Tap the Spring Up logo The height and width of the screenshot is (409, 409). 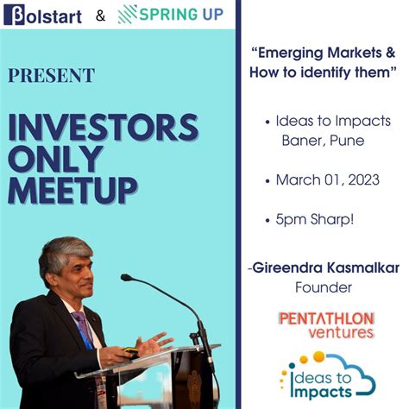[172, 15]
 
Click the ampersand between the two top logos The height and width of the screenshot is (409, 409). [101, 16]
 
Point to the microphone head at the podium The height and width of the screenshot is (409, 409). [127, 278]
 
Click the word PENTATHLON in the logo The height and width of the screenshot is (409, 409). [325, 318]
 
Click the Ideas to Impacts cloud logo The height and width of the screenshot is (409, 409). [326, 374]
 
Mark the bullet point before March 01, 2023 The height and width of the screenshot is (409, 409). [268, 181]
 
